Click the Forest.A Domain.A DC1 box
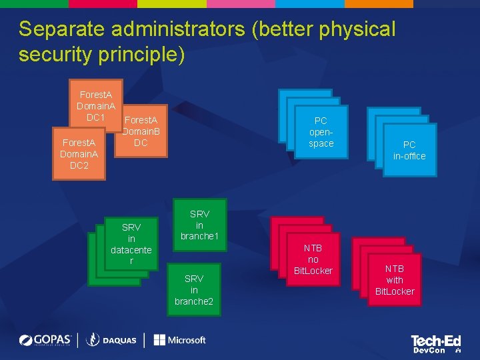coord(96,105)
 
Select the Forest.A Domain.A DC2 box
coord(79,154)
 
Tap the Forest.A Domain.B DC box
coord(141,131)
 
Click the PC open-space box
coord(321,132)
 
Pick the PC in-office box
coord(409,150)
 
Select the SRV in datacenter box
coord(131,244)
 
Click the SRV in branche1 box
coord(199,225)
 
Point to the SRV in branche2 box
coord(194,289)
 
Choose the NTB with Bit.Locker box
coord(395,280)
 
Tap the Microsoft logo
coord(179,340)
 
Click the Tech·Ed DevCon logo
coord(436,344)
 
